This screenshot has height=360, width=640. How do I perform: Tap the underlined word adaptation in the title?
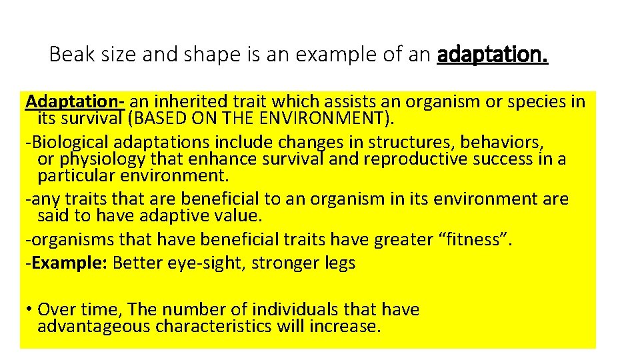point(493,54)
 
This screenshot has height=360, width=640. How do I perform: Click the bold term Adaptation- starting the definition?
point(75,101)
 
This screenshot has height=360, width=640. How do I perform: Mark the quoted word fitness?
point(474,239)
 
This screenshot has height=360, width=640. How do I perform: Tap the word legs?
point(340,263)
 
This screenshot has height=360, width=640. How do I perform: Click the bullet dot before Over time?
point(31,310)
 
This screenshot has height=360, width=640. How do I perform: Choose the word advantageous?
point(94,326)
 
